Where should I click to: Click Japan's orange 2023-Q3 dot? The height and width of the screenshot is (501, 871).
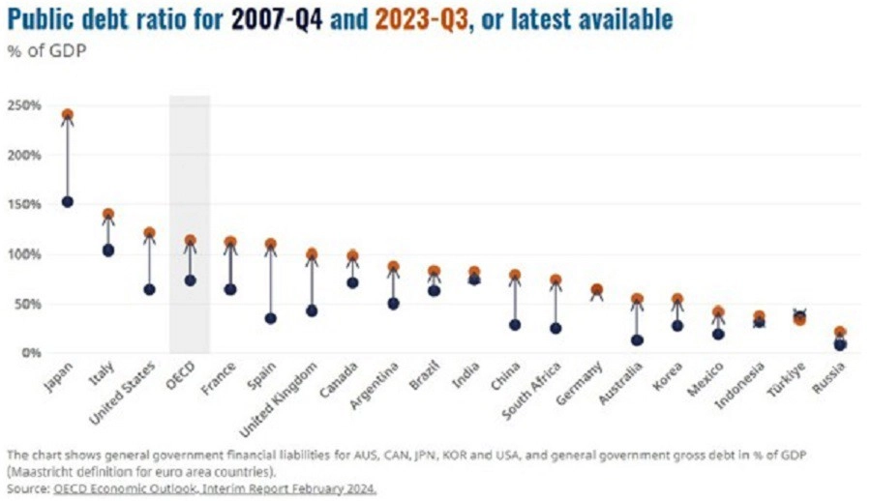click(68, 115)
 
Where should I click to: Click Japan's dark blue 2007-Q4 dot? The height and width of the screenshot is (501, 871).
click(68, 201)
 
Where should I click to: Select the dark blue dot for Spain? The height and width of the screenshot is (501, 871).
click(271, 318)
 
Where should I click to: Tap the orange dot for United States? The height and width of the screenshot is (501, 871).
click(149, 233)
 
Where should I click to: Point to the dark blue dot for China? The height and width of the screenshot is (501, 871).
click(515, 325)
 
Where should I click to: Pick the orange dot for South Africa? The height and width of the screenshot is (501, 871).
click(556, 280)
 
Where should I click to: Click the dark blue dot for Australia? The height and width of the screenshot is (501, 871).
click(637, 339)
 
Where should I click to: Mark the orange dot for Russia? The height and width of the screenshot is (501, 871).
click(840, 333)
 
